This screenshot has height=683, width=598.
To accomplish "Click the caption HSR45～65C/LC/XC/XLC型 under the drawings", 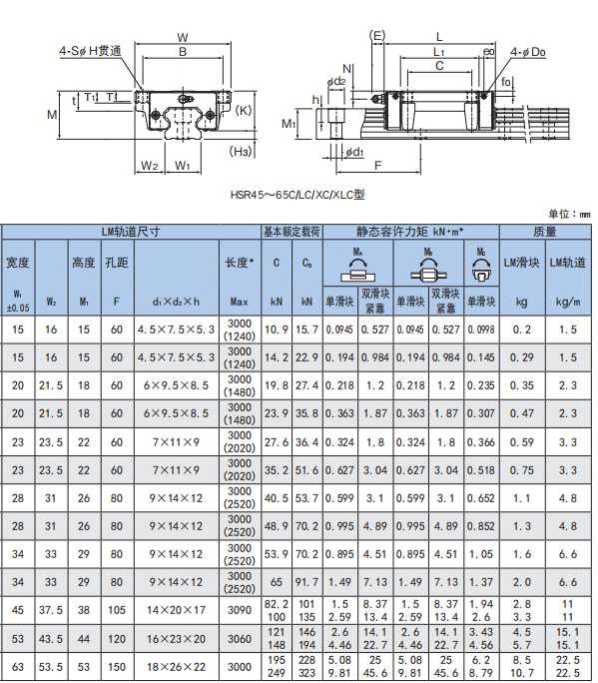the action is click(298, 195).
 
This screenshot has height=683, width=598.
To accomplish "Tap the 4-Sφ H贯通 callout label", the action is click(90, 51).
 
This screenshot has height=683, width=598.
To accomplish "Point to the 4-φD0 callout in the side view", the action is click(528, 52).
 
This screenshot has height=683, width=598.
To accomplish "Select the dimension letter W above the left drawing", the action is click(183, 38).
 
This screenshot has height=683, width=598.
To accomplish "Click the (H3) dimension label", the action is click(241, 152).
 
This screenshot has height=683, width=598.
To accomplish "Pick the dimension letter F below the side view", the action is click(377, 165).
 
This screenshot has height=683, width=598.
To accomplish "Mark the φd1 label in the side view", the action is click(354, 152).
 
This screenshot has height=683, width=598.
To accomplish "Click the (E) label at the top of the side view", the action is click(377, 35).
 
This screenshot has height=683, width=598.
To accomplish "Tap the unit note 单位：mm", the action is click(569, 214).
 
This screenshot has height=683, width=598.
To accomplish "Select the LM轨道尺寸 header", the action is click(131, 232).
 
